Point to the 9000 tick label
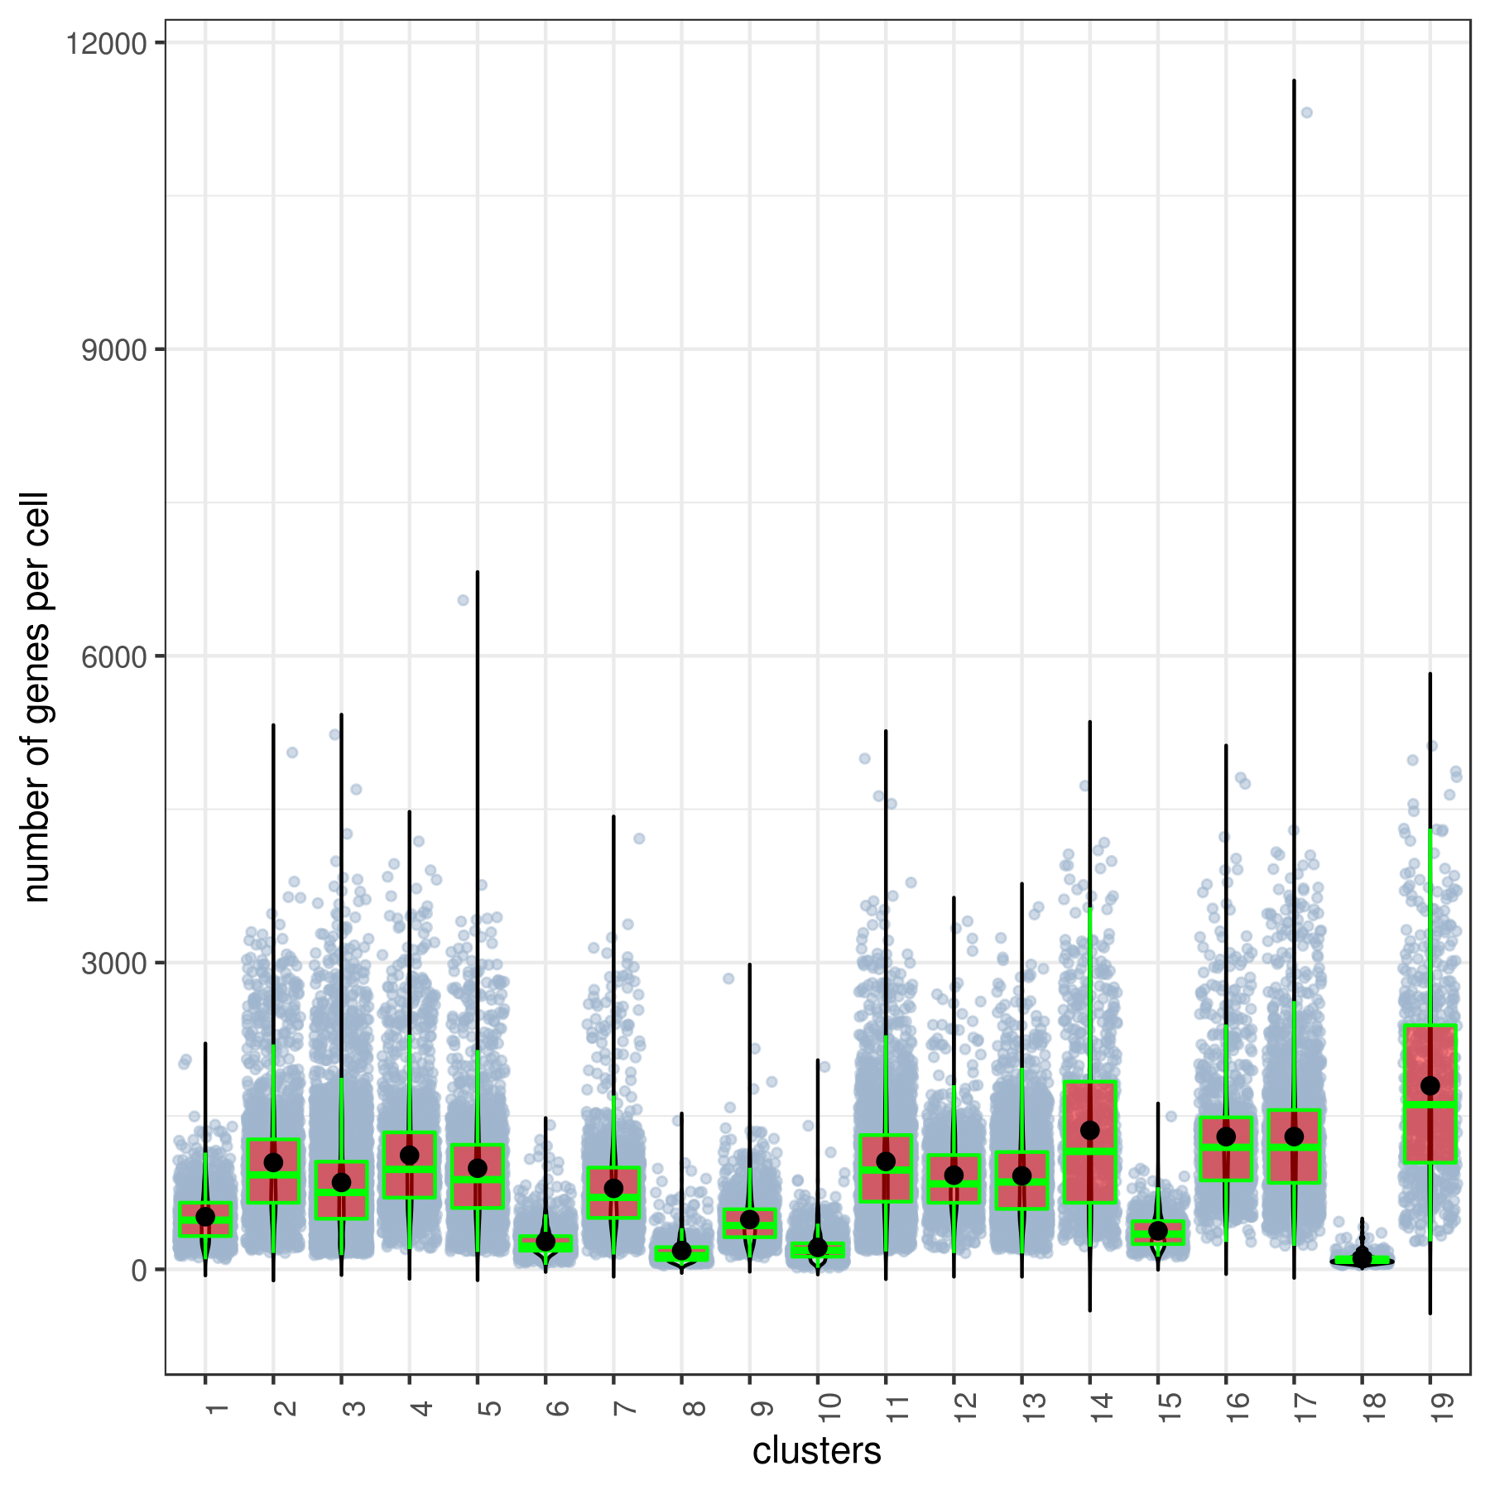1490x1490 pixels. click(113, 350)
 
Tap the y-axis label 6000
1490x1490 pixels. click(113, 656)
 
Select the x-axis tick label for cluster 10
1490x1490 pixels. click(829, 1405)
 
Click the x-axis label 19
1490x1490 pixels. click(1442, 1405)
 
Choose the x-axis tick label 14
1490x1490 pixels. click(1102, 1405)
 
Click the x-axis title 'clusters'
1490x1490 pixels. click(816, 1451)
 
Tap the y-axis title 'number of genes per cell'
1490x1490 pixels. click(36, 697)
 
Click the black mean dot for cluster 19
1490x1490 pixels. click(1430, 1086)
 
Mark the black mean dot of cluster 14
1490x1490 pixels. click(1089, 1131)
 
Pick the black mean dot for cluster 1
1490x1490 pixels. click(205, 1217)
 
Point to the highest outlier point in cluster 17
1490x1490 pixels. click(1306, 113)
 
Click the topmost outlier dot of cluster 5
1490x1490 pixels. click(463, 600)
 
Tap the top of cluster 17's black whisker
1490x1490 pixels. click(1294, 81)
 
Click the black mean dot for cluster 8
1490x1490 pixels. click(681, 1251)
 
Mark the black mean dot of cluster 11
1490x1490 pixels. click(886, 1161)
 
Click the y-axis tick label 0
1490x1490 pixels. click(138, 1270)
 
